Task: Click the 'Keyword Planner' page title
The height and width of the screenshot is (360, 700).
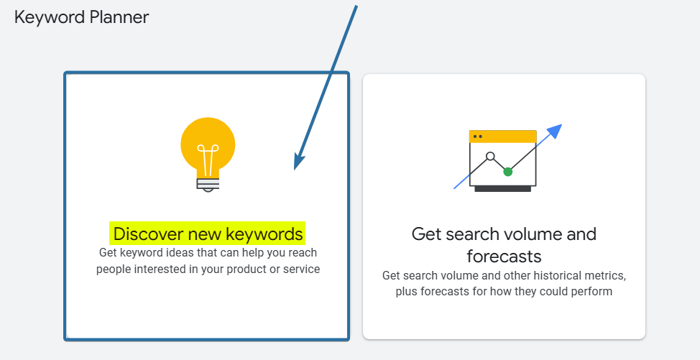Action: click(81, 17)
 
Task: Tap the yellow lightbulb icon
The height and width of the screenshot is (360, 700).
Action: click(208, 147)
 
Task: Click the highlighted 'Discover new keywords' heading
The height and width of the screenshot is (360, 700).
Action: click(208, 234)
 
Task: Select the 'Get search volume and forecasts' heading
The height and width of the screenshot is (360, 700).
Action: click(504, 244)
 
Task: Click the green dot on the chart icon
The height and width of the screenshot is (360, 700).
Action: click(508, 172)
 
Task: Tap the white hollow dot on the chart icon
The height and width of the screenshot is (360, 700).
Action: click(490, 156)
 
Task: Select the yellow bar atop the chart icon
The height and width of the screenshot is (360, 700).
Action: click(503, 136)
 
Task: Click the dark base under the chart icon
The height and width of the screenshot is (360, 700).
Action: click(503, 189)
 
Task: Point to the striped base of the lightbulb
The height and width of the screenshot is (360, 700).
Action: click(208, 183)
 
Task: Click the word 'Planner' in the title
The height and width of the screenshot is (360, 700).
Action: click(119, 17)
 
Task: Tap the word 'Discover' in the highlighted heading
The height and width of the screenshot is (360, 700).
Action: click(146, 234)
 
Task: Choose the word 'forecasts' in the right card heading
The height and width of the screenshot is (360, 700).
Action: click(504, 256)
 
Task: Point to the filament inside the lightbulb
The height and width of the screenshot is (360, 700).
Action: click(208, 160)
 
